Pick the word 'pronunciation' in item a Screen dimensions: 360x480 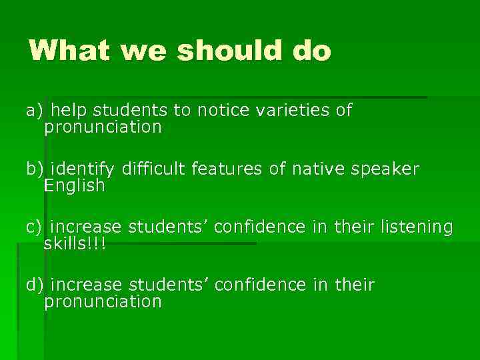coord(103,127)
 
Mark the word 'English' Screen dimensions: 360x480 coord(74,186)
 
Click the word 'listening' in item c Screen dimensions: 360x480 coord(417,228)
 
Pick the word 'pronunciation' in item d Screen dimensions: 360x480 coord(103,302)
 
